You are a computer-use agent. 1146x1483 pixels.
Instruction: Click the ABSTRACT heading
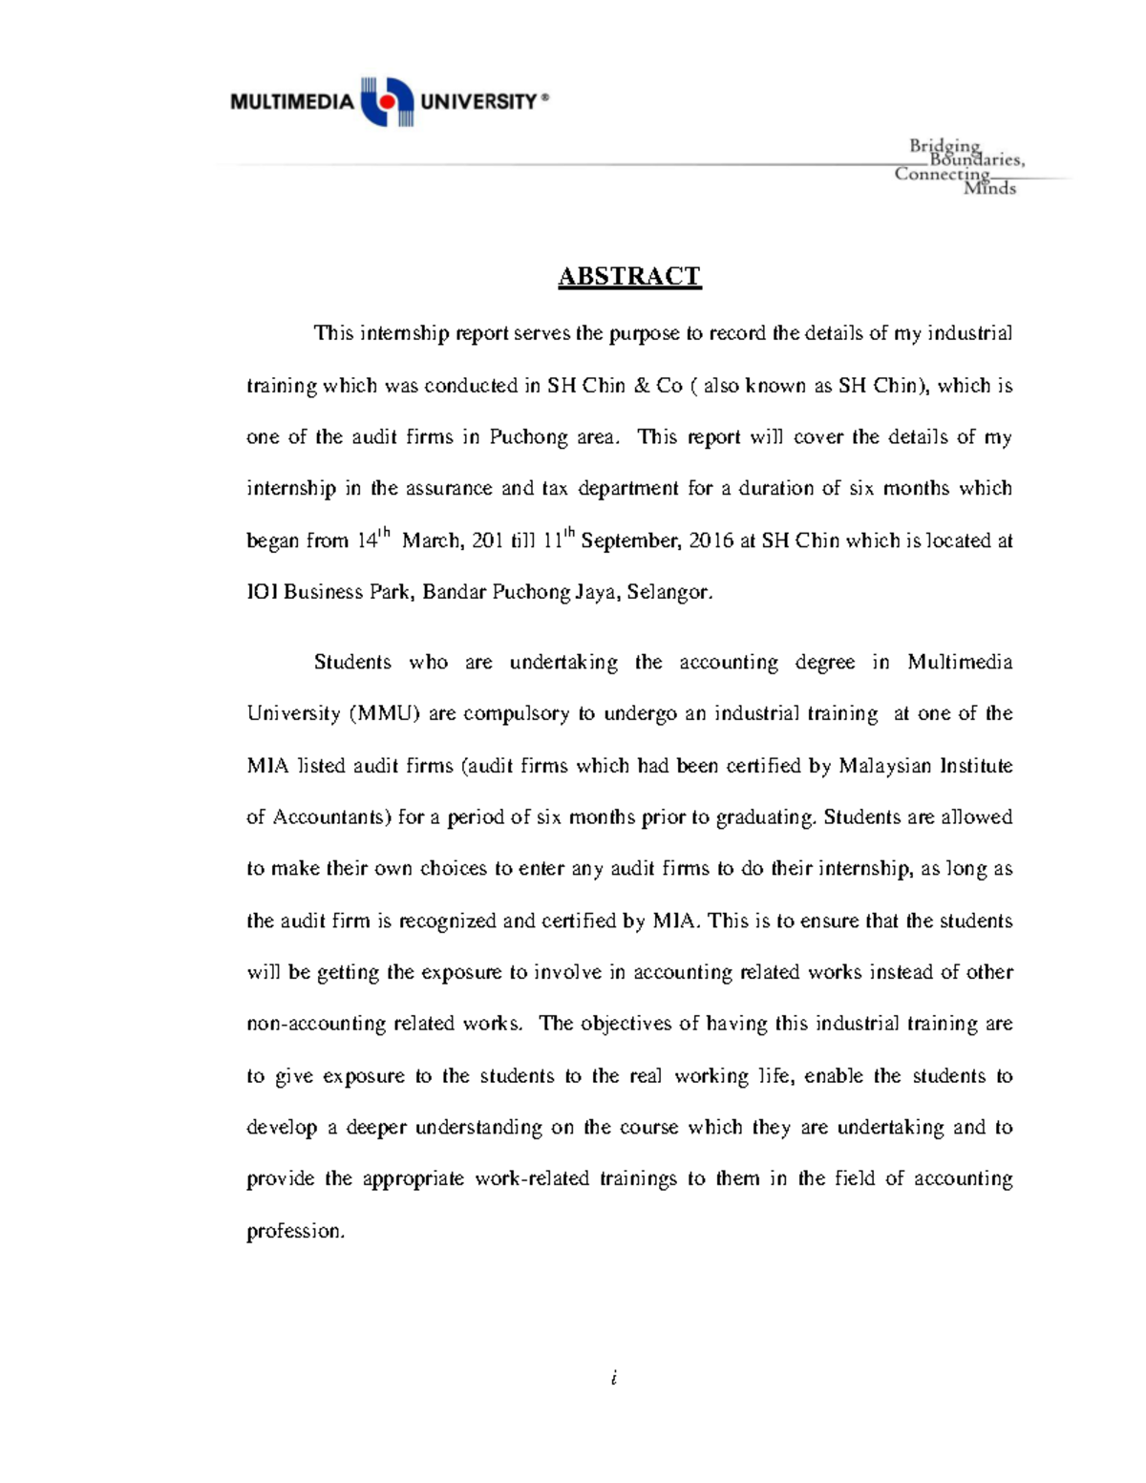(x=629, y=277)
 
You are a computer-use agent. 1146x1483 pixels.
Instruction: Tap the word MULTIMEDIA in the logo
(x=292, y=101)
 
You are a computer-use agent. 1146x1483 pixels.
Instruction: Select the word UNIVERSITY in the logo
(x=478, y=101)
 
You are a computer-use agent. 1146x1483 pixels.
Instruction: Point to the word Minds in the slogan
(x=989, y=188)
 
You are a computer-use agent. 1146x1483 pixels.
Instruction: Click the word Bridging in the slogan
(x=944, y=145)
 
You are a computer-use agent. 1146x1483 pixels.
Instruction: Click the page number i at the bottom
(x=614, y=1377)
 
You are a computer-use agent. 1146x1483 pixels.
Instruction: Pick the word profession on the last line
(x=295, y=1231)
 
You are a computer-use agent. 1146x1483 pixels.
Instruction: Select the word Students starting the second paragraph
(x=352, y=662)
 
